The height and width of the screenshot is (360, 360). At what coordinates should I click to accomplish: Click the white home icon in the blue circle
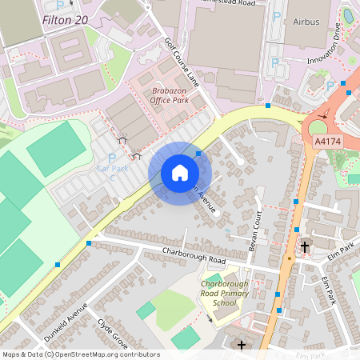pyautogui.click(x=180, y=173)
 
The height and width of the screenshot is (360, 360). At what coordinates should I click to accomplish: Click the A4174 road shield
pyautogui.click(x=326, y=142)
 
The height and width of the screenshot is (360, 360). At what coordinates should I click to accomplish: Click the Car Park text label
pyautogui.click(x=112, y=170)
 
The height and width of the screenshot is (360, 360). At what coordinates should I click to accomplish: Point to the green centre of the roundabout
pyautogui.click(x=318, y=126)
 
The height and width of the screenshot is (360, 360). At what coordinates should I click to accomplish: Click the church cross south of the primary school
pyautogui.click(x=242, y=345)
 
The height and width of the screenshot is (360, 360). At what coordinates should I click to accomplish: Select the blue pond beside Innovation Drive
pyautogui.click(x=348, y=15)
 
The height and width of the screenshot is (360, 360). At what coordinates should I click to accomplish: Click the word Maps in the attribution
pyautogui.click(x=10, y=354)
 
